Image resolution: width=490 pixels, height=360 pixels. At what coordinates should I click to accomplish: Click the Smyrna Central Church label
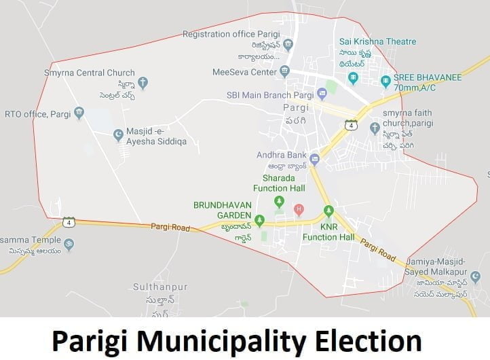point(89,73)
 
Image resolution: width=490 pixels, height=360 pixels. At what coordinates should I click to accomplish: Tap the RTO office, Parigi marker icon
point(79,112)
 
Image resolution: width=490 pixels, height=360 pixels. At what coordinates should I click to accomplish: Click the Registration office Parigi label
point(230,34)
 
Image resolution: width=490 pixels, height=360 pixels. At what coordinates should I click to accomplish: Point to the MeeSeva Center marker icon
point(285,71)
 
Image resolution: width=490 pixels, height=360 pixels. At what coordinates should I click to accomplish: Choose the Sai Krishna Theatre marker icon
point(353,78)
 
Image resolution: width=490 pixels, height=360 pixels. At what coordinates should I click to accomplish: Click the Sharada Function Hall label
point(279,183)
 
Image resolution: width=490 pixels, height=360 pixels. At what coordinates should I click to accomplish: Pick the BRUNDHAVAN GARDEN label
point(223,210)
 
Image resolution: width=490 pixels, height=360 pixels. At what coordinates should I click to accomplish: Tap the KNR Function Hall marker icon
point(328,211)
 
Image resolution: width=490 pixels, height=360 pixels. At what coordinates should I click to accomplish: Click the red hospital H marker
point(298,209)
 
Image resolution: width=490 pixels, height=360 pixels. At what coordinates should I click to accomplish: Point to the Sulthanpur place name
point(159,287)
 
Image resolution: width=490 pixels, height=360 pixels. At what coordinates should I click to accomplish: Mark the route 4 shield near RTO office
point(69,222)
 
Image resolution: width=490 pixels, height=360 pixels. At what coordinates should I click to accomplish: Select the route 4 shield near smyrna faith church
point(351,126)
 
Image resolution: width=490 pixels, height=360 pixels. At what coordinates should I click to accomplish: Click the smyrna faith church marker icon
point(375,127)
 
